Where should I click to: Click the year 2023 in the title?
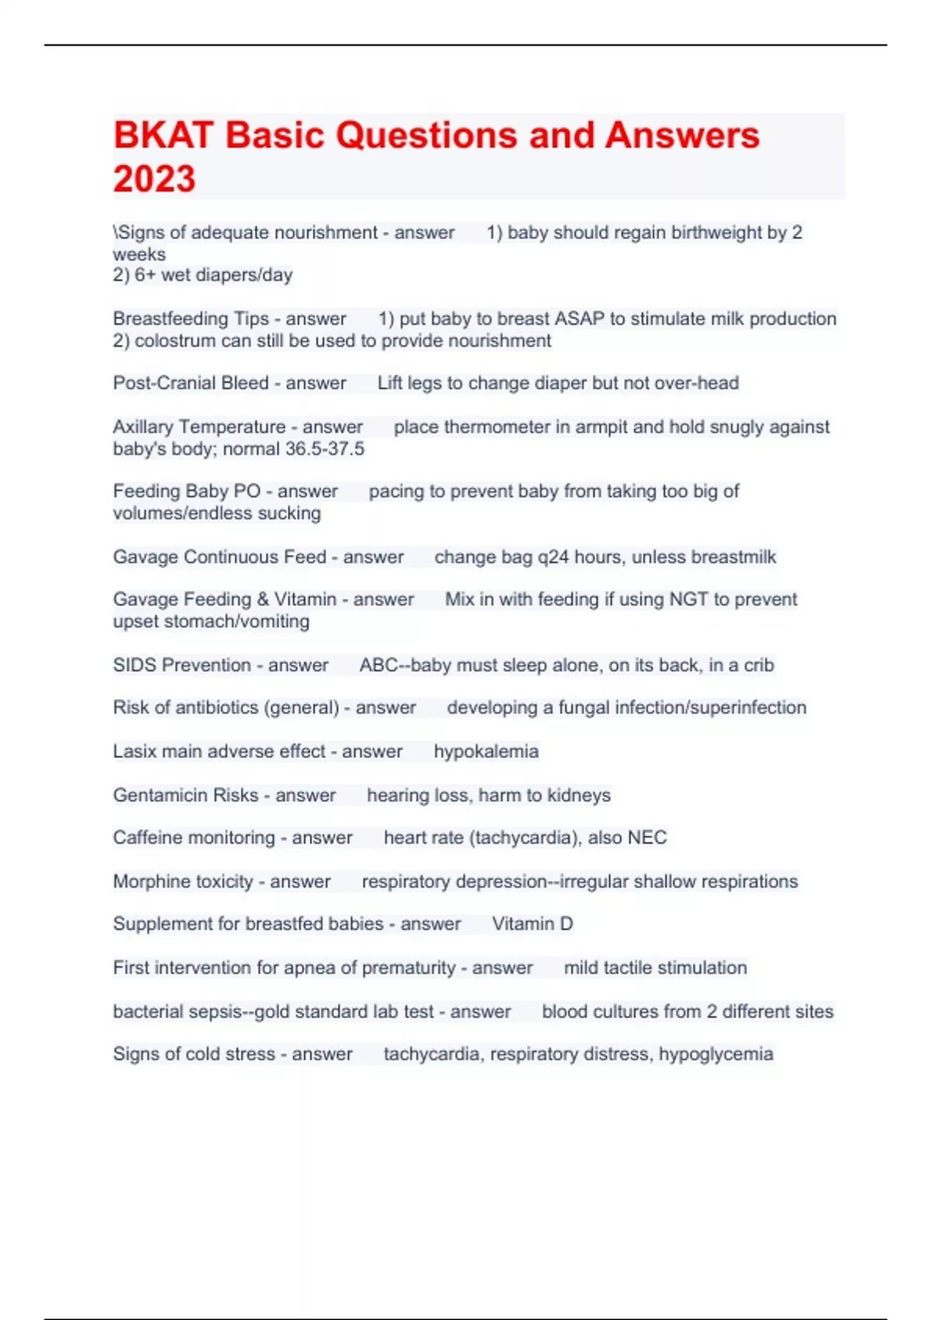tap(155, 179)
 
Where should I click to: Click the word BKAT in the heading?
tap(163, 135)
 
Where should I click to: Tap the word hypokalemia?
tap(486, 752)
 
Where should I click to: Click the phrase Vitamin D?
tap(532, 924)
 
